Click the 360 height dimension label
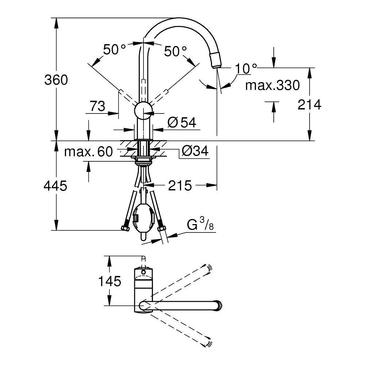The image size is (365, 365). point(56,80)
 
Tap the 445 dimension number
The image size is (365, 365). point(55,186)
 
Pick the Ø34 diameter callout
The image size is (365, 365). point(195,151)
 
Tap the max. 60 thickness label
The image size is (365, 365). point(88,151)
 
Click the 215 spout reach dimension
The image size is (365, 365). point(180,185)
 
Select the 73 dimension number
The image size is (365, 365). point(97,106)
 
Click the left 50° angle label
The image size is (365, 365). point(114,49)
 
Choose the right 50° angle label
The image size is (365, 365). point(175,51)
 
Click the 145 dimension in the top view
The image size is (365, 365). point(109,281)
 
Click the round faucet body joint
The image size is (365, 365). point(143,110)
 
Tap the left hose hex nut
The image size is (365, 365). point(125,228)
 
